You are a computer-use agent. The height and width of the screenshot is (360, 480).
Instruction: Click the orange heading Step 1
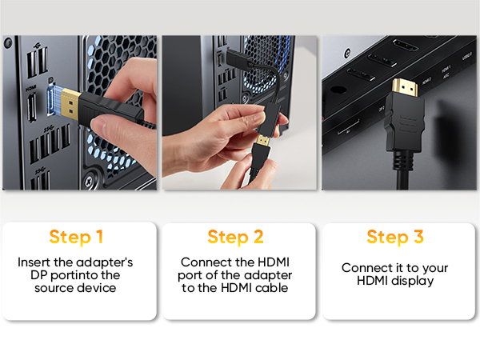pyautogui.click(x=76, y=237)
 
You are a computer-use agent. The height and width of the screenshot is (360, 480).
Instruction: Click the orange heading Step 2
pyautogui.click(x=235, y=237)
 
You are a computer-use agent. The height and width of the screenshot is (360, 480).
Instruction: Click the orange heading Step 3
pyautogui.click(x=394, y=237)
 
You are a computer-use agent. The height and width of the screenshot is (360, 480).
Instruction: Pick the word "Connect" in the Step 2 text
pyautogui.click(x=203, y=262)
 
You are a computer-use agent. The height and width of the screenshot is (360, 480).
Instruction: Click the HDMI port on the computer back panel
pyautogui.click(x=30, y=105)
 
